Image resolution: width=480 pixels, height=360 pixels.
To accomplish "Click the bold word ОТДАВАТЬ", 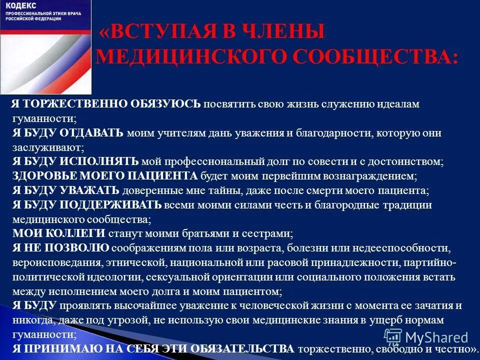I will coord(92,133).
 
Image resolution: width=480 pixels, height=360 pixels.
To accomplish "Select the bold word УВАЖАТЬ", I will coord(90,190).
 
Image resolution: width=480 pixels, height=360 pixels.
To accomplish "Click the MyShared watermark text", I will coord(437,337).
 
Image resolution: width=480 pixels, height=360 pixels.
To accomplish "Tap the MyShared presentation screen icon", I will coord(393,337).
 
